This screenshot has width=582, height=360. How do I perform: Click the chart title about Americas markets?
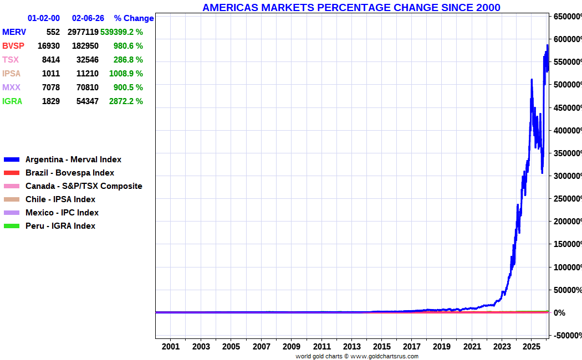point(351,7)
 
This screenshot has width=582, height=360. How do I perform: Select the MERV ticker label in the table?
point(14,32)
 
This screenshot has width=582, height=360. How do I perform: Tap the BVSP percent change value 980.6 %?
point(128,46)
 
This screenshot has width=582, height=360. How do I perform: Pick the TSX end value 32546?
point(87,60)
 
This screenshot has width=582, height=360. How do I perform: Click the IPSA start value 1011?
point(51,74)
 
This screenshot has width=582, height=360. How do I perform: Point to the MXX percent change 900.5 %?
point(128,88)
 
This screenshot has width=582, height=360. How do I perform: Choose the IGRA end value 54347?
point(87,101)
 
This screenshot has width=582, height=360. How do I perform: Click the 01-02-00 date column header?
point(43,18)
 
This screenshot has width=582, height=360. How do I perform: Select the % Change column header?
point(134,18)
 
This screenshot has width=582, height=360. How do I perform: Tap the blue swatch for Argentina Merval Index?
point(12,160)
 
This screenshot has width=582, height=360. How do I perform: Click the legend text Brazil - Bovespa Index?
point(70,173)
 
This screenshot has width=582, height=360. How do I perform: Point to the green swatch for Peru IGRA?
point(12,226)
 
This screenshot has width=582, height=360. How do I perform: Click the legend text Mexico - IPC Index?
point(62,213)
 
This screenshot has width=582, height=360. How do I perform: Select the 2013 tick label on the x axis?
point(351,347)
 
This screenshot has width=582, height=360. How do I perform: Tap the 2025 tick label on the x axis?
point(532,347)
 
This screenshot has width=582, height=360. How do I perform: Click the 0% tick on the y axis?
point(559,313)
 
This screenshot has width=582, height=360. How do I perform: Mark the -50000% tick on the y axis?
point(568,336)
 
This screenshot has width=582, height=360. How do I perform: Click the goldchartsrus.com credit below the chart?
point(384,356)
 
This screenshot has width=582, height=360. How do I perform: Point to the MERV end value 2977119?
point(83,32)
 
